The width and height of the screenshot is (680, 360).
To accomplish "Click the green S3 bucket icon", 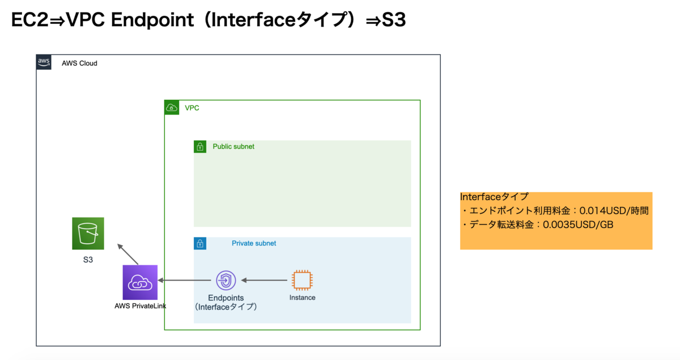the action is [88, 234].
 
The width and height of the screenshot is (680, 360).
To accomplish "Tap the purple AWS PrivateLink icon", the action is [140, 282].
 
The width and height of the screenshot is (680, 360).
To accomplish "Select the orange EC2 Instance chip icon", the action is [302, 280].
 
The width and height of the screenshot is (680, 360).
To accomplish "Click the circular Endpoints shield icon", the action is [226, 280].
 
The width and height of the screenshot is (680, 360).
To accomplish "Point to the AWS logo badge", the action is [44, 62].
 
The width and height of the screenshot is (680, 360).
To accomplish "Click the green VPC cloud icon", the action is [172, 108].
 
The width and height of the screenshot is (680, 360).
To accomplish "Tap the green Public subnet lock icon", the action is [200, 147].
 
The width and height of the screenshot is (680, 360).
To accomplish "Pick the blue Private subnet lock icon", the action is [200, 243].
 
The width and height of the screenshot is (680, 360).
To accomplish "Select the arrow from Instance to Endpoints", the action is [264, 280].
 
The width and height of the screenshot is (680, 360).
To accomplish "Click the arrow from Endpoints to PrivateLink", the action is [185, 280].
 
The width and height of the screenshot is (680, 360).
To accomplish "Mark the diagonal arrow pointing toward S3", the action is [128, 254].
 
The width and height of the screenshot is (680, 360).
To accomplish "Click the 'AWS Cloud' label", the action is [79, 63].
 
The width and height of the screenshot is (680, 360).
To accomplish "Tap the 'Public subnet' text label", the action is [233, 146].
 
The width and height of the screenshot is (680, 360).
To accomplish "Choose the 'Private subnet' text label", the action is [254, 243].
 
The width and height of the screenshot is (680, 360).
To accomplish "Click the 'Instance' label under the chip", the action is [303, 298].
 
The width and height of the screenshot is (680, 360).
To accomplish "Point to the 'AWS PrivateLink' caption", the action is [141, 306].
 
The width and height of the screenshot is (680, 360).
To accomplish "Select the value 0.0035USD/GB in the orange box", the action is [578, 225].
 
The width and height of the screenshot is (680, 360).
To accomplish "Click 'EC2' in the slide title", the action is [29, 20].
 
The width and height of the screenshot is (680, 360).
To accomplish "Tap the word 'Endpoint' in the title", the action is [152, 20].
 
